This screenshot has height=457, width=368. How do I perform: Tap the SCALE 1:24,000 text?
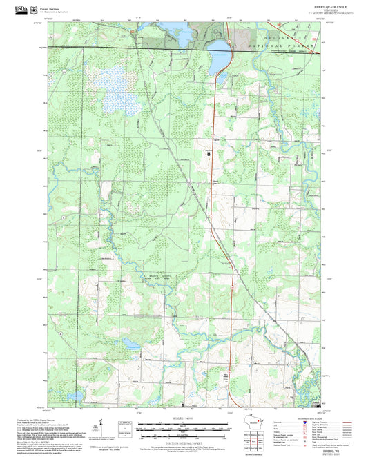[184, 418]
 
